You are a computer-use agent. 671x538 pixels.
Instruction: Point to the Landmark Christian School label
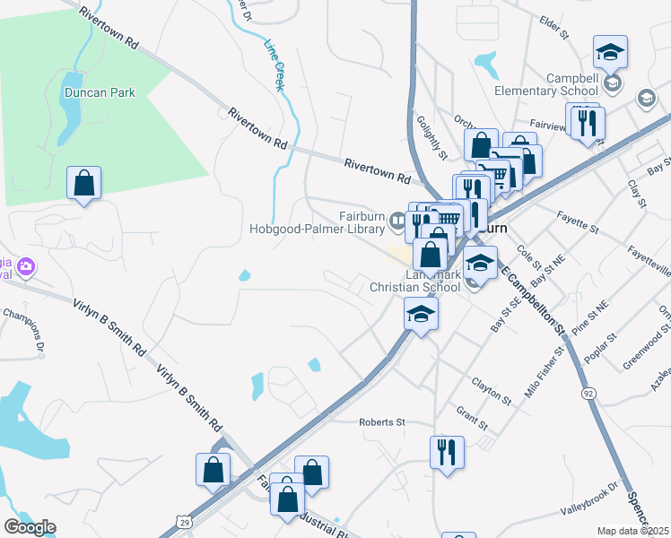(x=415, y=280)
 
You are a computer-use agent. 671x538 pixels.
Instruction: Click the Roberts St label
(x=382, y=421)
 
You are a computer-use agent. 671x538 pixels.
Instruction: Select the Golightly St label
(x=431, y=136)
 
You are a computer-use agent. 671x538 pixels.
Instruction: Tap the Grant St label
(x=471, y=418)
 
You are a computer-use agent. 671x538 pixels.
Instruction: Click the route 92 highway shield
(x=588, y=393)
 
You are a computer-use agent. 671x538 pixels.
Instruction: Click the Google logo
(x=30, y=527)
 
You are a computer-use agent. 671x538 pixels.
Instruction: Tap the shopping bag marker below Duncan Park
(x=83, y=183)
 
